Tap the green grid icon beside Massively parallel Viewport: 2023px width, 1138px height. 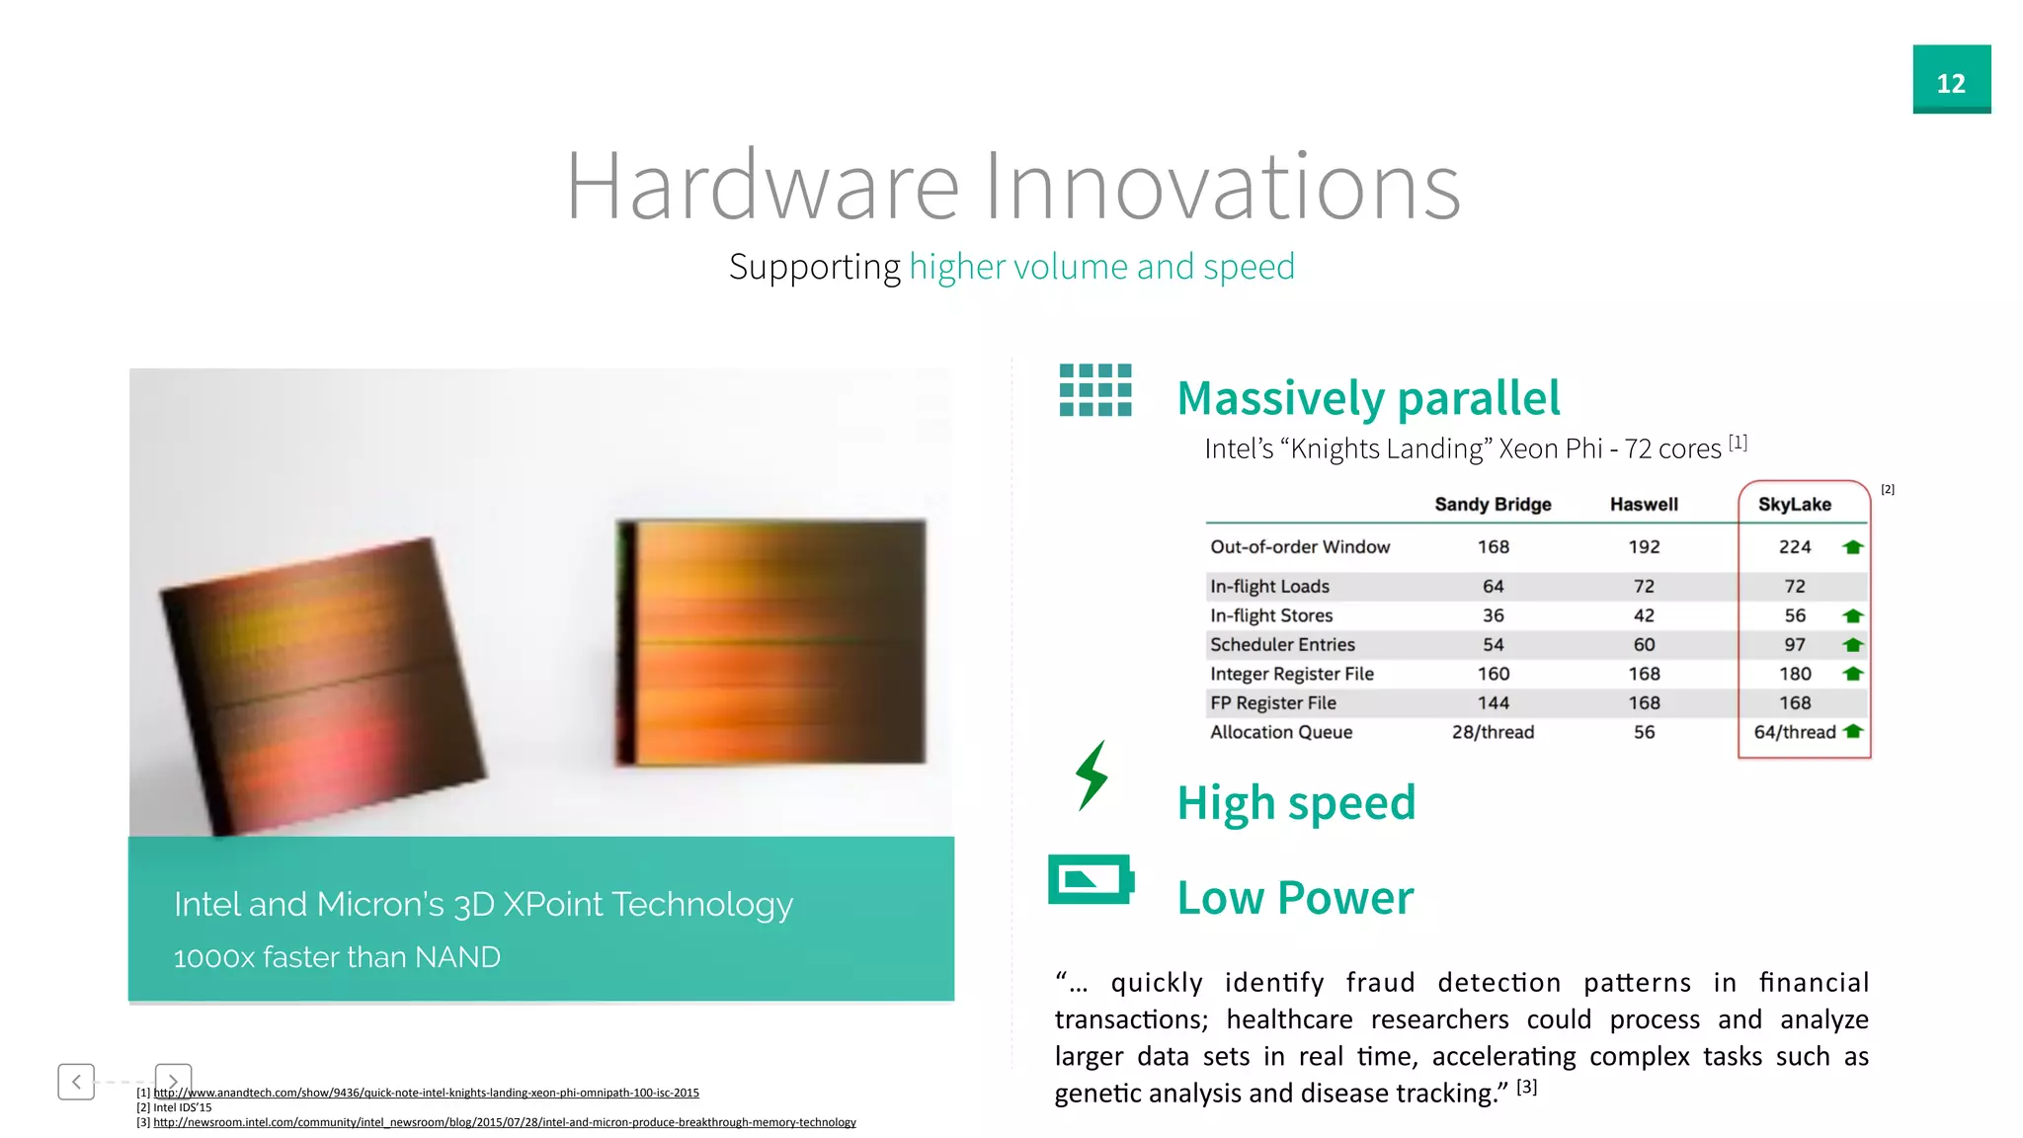point(1094,390)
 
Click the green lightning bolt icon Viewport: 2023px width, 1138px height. point(1092,775)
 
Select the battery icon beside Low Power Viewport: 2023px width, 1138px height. point(1091,879)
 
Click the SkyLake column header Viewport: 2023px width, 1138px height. point(1794,504)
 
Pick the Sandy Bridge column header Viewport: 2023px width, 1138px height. point(1493,504)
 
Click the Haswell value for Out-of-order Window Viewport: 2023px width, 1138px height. point(1644,546)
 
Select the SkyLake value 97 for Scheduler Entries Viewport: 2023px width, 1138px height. point(1794,644)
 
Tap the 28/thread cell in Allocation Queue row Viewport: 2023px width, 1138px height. point(1493,732)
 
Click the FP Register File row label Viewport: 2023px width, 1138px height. point(1272,702)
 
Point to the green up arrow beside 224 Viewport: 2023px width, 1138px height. point(1853,546)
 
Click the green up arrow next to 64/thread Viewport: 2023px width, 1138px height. point(1853,731)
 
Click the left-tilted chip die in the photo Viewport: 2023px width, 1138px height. point(321,682)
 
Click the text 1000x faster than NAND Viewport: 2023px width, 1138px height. point(337,957)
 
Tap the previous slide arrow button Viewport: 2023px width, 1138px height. point(76,1082)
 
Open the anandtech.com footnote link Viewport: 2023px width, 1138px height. point(426,1093)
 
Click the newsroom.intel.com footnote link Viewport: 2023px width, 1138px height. point(504,1122)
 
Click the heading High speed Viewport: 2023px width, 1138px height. point(1296,802)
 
